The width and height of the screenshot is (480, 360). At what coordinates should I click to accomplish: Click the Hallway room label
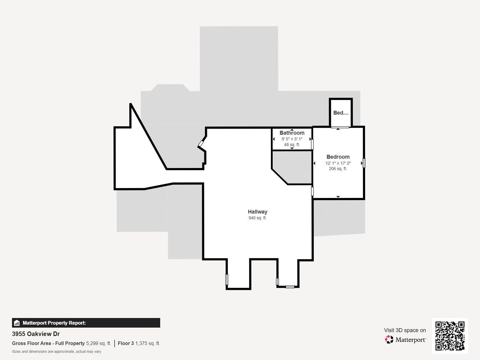(x=257, y=211)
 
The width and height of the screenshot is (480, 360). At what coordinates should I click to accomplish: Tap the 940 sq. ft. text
(x=257, y=218)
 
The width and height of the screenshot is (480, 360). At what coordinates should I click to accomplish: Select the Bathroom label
(x=292, y=133)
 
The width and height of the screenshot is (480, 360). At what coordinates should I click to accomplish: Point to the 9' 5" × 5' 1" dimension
(x=292, y=139)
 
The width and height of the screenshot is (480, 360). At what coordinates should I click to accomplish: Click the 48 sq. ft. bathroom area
(x=292, y=145)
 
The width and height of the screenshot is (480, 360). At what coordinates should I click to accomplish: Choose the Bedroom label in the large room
(x=338, y=157)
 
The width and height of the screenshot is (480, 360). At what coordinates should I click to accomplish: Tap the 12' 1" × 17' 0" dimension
(x=338, y=163)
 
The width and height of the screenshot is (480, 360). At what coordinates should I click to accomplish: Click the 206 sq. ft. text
(x=338, y=169)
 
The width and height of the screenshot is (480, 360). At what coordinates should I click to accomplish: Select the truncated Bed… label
(x=341, y=113)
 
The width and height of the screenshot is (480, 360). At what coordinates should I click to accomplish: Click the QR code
(x=450, y=336)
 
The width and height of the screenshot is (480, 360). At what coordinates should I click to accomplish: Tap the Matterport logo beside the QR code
(x=405, y=340)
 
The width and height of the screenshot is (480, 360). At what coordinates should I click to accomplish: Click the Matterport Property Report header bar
(x=86, y=323)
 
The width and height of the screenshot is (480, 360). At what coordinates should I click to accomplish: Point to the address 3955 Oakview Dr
(x=36, y=334)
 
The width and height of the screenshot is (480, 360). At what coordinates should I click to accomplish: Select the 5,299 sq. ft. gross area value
(x=99, y=343)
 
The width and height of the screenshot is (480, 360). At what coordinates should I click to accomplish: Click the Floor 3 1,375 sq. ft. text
(x=139, y=343)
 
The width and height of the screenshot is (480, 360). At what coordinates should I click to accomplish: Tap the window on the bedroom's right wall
(x=364, y=163)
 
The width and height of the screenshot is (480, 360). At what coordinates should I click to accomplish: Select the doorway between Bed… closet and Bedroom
(x=340, y=127)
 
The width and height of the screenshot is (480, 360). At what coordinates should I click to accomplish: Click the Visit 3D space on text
(x=405, y=330)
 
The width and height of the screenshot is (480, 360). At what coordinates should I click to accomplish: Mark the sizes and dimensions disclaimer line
(x=56, y=352)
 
